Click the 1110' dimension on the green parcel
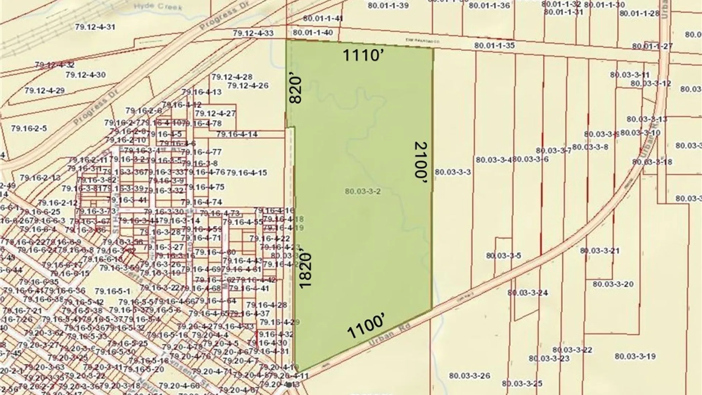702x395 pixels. point(362,56)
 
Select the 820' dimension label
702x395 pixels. point(295,90)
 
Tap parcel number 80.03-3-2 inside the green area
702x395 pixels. point(363,191)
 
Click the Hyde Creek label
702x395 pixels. point(158,7)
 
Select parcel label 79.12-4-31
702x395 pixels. point(95,27)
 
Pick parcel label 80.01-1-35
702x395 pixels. point(494,45)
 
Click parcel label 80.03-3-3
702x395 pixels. point(453,172)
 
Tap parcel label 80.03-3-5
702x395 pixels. point(503,256)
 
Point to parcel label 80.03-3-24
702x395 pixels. point(527,293)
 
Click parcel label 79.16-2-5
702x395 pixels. point(29,128)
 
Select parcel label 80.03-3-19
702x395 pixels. point(635,356)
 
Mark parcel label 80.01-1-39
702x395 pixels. point(388,5)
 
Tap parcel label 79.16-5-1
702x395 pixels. point(112,291)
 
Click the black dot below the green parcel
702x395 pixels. point(289,384)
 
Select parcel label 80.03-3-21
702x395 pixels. point(600,251)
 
